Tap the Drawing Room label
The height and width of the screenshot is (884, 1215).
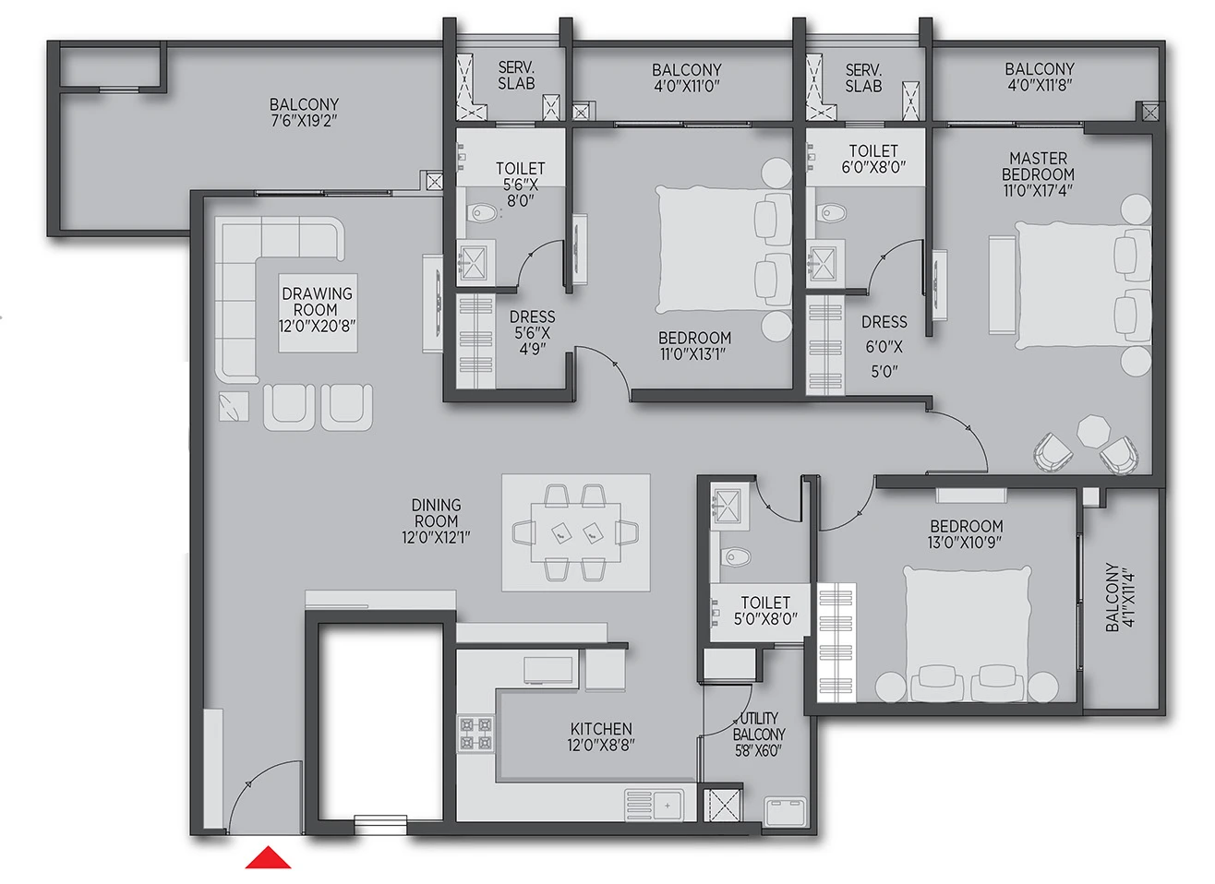(317, 309)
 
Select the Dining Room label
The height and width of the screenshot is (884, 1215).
(436, 520)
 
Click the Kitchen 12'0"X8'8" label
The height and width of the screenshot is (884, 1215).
(601, 736)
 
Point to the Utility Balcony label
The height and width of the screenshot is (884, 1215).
(758, 735)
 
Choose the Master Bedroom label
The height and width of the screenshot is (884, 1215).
(1038, 174)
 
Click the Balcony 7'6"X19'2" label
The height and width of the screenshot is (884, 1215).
(304, 113)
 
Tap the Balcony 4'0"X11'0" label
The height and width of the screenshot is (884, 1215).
(687, 78)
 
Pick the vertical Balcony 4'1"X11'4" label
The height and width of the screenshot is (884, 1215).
(1120, 597)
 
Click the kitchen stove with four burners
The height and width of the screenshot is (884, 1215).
(475, 734)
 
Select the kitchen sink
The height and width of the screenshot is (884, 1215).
(655, 806)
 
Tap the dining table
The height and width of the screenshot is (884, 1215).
(576, 532)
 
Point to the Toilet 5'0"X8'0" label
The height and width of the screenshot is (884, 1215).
(765, 610)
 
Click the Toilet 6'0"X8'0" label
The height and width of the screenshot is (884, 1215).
(873, 159)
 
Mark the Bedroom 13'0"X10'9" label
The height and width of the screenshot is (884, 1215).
(966, 534)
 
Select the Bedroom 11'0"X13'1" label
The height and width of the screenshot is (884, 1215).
(694, 346)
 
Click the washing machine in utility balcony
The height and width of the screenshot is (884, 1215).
(785, 810)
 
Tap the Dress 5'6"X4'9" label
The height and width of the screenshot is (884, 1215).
(532, 332)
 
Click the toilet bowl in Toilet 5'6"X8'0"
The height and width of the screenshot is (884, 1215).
(481, 212)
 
